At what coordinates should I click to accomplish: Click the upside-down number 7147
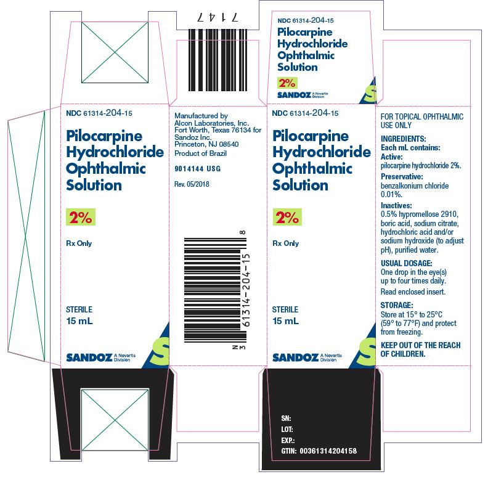[218, 17]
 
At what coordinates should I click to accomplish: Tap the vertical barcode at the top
[218, 60]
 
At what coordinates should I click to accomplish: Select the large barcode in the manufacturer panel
[216, 290]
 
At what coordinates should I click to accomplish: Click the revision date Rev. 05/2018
[192, 184]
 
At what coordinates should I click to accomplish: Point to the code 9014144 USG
[198, 169]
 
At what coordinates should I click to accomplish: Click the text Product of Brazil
[200, 153]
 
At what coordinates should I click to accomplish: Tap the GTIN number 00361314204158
[328, 451]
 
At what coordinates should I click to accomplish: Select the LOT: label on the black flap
[287, 430]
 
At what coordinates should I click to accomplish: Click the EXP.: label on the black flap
[288, 441]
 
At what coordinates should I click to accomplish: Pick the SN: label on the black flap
[286, 418]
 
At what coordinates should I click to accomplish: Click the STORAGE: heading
[397, 305]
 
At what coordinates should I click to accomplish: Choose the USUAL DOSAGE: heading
[407, 263]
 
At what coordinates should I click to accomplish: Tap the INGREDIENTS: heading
[404, 139]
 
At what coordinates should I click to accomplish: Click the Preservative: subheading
[402, 176]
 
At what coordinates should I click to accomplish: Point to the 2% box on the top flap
[287, 83]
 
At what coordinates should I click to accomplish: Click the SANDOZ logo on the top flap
[294, 95]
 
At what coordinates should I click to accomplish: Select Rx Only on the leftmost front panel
[79, 243]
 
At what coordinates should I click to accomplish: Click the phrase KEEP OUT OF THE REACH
[420, 345]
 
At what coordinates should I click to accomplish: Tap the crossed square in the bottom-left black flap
[115, 420]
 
